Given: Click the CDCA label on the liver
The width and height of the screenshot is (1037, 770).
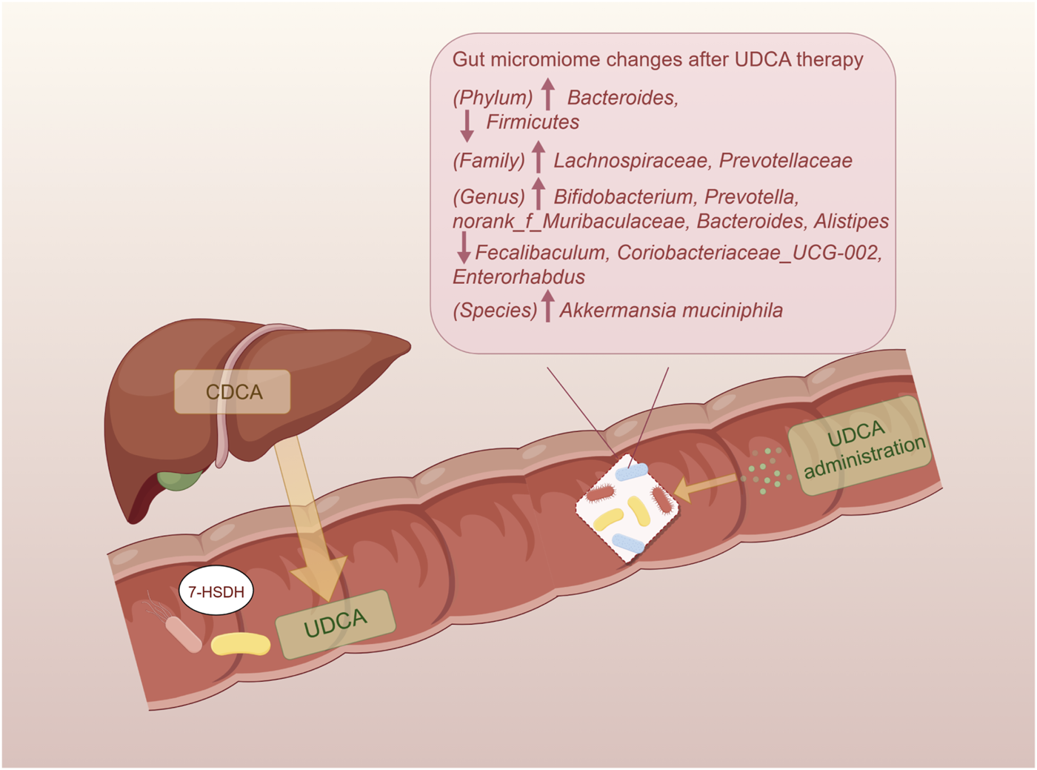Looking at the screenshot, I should click(233, 392).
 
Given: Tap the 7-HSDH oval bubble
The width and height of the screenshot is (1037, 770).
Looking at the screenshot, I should click(216, 591).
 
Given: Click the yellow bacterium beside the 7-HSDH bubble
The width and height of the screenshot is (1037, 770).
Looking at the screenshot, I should click(241, 644).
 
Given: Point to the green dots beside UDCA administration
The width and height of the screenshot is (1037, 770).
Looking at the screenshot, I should click(766, 471).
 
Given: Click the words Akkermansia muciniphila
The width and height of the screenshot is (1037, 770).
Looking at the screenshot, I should click(670, 311).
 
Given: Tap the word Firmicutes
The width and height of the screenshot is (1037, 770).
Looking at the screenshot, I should click(532, 122).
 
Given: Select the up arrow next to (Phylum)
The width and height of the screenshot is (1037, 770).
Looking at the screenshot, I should click(548, 94).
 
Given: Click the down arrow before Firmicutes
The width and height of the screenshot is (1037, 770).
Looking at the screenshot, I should click(467, 125).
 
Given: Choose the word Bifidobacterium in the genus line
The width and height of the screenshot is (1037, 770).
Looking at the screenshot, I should click(623, 197).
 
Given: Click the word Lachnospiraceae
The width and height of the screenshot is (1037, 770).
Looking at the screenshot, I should click(631, 161).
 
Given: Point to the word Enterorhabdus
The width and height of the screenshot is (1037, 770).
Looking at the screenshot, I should click(518, 277).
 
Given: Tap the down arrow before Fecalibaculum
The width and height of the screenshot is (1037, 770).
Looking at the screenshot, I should click(464, 248).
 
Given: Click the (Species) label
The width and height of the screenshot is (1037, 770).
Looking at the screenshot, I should click(494, 311).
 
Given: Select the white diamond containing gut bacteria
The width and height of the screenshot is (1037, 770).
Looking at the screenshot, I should click(627, 508).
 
